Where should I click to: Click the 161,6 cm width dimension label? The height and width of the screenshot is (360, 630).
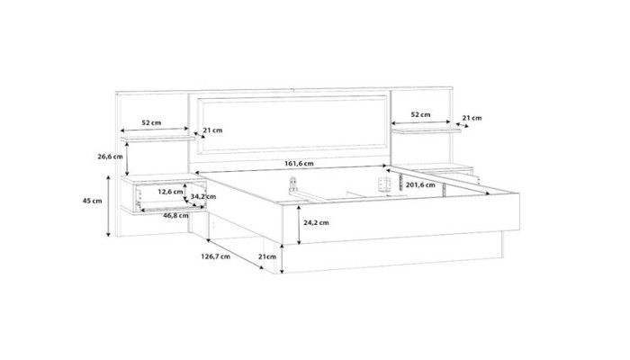point(299,164)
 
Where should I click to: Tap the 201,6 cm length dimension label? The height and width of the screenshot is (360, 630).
point(420,184)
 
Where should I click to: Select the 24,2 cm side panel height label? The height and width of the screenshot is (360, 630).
point(316,222)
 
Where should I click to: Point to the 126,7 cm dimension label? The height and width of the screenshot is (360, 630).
point(215,256)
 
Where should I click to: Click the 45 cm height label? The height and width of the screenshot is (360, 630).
point(93,201)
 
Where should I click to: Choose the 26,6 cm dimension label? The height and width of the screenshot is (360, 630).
point(110,157)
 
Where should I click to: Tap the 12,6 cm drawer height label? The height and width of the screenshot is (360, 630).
point(170,192)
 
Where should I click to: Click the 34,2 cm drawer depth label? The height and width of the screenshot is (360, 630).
point(202,196)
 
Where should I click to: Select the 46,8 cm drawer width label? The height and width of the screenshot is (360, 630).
point(175,215)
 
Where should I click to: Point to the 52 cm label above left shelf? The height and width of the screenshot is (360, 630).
point(151,122)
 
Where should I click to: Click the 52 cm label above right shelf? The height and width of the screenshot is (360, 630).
point(420,114)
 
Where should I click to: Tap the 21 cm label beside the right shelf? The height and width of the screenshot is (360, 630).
point(472,118)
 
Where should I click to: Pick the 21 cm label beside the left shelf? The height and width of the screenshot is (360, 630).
point(212,130)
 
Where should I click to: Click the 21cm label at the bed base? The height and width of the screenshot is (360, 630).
point(267,256)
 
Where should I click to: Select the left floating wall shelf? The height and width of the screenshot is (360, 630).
point(157,139)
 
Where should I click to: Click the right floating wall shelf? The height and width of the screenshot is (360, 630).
point(427,130)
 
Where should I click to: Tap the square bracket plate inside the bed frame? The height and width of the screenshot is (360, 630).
point(384,184)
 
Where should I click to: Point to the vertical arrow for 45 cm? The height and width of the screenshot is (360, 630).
point(108,206)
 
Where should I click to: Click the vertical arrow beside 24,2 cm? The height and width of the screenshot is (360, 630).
point(299,225)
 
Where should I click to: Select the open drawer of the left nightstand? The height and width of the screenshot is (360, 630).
point(170,196)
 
